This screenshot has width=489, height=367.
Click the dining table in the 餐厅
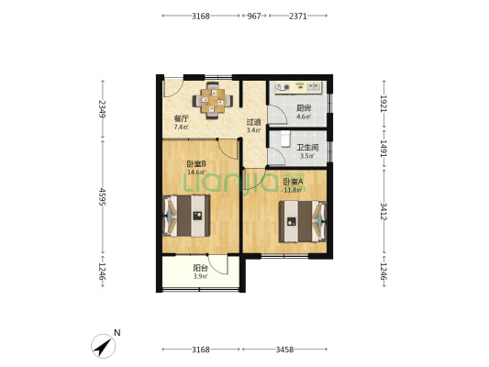tap(213, 100)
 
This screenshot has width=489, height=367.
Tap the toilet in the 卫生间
tap(285, 139)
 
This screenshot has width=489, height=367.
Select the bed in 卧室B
tap(186, 216)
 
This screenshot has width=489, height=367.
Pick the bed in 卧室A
tap(303, 221)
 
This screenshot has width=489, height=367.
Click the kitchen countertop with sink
tap(297, 87)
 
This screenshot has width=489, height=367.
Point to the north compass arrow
tap(103, 347)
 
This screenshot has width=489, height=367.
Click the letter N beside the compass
tap(117, 333)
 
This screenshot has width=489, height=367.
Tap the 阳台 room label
tap(201, 268)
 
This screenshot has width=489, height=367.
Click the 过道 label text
tap(253, 122)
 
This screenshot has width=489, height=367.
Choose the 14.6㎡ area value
tap(196, 172)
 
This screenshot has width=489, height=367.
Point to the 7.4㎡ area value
tap(181, 127)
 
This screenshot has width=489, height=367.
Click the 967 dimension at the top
tap(254, 16)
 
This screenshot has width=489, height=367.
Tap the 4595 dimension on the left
tap(102, 196)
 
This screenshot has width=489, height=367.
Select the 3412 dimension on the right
tap(383, 211)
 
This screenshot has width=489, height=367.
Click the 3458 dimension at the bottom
tap(284, 350)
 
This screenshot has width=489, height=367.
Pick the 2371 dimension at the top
tap(298, 16)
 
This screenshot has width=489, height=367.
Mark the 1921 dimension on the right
tap(383, 103)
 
